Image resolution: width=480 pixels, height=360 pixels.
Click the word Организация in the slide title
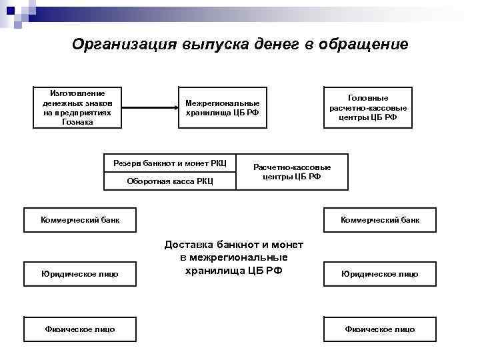[124, 45]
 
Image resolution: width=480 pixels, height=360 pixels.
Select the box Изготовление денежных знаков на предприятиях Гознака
[77, 107]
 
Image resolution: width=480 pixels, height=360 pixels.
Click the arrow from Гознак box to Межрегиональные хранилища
[151, 107]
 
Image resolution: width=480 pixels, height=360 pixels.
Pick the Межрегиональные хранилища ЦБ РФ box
[222, 107]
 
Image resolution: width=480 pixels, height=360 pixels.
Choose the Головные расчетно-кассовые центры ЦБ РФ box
[368, 107]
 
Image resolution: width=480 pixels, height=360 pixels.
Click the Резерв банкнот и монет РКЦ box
[170, 163]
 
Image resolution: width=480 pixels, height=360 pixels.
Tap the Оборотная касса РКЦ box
[170, 181]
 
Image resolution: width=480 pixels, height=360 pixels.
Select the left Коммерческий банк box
[80, 219]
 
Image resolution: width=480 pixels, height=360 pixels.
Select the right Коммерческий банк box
[380, 219]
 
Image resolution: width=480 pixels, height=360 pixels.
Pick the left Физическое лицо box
[80, 329]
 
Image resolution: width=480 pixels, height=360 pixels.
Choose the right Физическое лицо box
[380, 329]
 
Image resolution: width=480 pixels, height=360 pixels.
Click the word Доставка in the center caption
[192, 245]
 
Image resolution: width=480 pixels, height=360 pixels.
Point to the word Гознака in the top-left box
[77, 122]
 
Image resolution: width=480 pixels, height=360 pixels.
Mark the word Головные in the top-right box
[368, 97]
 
